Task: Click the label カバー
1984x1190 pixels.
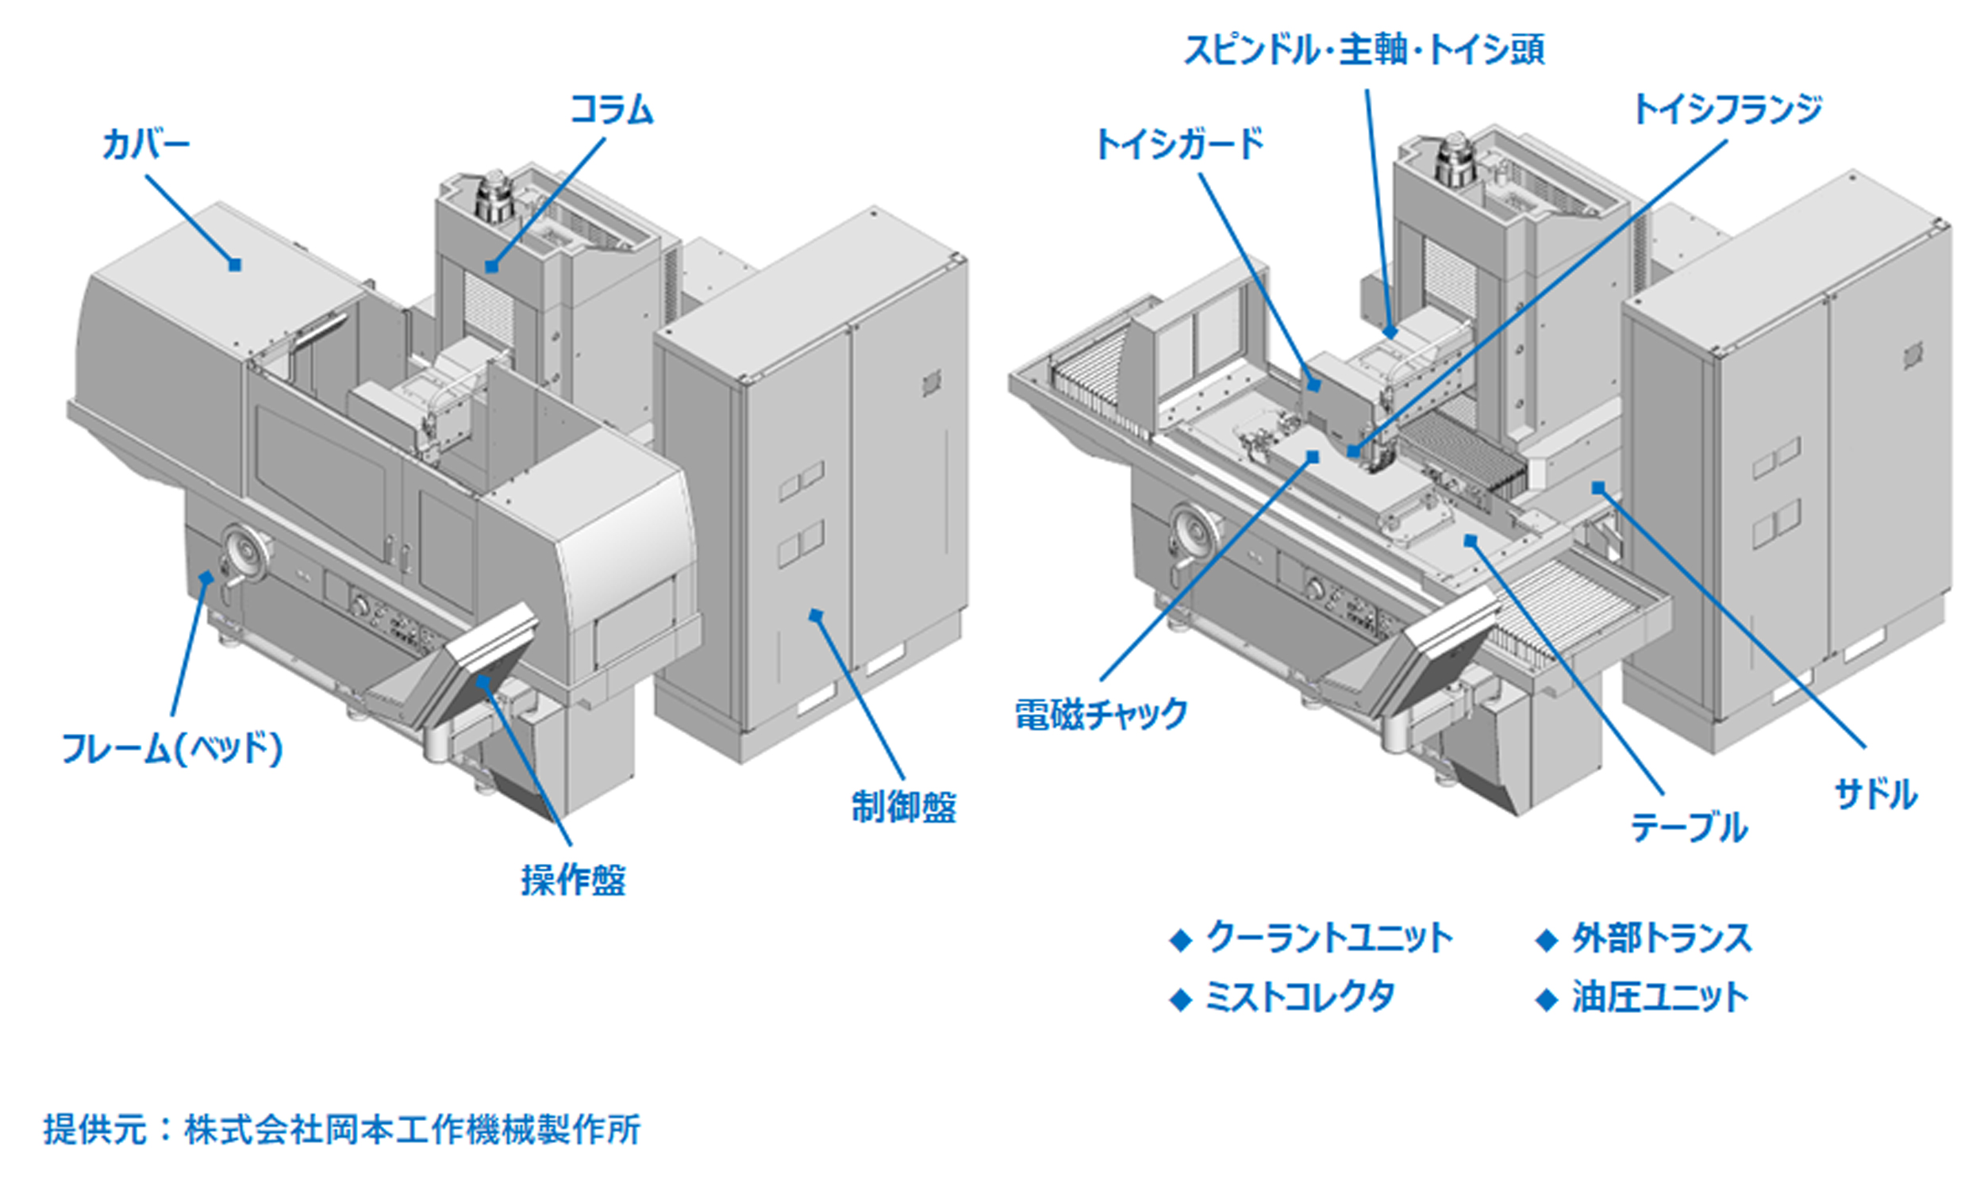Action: [145, 145]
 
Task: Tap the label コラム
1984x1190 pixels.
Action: [611, 109]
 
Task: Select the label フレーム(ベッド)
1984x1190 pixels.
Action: [172, 749]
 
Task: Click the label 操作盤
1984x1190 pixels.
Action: [574, 880]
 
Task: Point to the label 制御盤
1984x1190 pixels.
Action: [904, 807]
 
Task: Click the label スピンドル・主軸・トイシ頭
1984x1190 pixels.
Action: [1364, 50]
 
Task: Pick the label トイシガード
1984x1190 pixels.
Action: [1179, 145]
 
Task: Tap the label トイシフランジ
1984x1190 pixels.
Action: [1727, 109]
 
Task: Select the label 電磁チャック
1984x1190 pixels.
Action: [1101, 714]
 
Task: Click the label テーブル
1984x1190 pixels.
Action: [1689, 827]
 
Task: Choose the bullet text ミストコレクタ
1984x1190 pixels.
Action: [1300, 996]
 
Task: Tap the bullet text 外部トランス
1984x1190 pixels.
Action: [1662, 938]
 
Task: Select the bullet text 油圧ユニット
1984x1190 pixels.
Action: [1660, 996]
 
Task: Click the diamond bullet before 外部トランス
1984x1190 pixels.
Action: [1546, 940]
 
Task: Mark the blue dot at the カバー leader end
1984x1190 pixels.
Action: [234, 265]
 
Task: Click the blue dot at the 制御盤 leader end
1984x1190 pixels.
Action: [816, 615]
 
